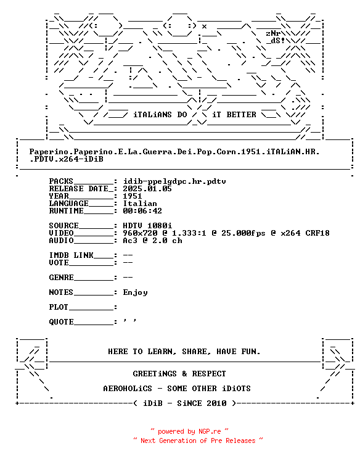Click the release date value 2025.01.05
[147, 189]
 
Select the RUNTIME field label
[67, 211]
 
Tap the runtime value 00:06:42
[142, 211]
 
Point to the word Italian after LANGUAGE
[140, 204]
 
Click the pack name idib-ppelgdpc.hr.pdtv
[174, 181]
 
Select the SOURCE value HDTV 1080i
[147, 226]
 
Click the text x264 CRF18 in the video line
[305, 233]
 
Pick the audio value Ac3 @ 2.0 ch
[152, 241]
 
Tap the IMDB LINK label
[71, 255]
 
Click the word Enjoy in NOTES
[135, 292]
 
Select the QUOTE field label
[62, 321]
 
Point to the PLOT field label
[59, 307]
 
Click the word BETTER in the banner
[241, 115]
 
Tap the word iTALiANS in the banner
[152, 115]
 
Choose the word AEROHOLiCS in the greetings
[128, 389]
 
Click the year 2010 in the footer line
[216, 403]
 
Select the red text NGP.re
[210, 431]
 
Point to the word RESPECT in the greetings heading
[209, 374]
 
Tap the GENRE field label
[62, 277]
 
